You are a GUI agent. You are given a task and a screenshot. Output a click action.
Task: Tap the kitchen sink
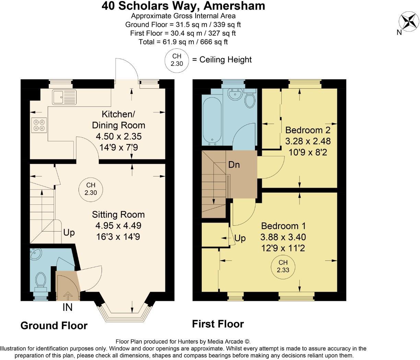point(65,97)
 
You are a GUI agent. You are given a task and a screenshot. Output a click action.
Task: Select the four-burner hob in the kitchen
point(39,125)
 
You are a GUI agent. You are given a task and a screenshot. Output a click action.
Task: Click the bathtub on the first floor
point(212,120)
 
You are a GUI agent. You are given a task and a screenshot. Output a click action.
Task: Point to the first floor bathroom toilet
point(250,100)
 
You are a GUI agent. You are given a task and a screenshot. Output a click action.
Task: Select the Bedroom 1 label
point(283,226)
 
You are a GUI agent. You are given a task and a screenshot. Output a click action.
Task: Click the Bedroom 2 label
point(308,130)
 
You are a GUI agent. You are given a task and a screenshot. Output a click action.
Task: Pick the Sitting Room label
point(118,215)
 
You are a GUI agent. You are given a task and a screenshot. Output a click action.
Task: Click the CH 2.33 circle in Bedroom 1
point(283,266)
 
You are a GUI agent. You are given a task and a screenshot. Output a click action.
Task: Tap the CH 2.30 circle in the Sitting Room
point(91,189)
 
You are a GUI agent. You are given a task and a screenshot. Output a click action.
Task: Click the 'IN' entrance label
point(68,307)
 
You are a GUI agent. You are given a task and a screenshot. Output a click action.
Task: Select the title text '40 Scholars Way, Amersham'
point(183,6)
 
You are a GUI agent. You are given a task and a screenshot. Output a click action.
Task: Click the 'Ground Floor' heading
point(54,325)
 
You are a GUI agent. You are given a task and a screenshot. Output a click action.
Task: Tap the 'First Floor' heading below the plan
point(218,324)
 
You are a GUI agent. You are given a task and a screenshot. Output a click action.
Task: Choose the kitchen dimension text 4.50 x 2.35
point(118,136)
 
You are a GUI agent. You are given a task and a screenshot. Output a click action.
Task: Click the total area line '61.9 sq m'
point(183,42)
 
